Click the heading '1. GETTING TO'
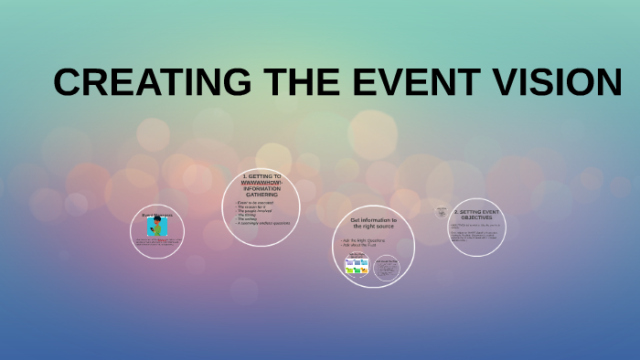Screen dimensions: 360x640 coord(261,175)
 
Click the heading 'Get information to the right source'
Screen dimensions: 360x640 coord(373,224)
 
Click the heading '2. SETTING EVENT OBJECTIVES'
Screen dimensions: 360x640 coord(478,216)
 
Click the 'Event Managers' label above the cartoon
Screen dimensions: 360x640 coord(156,216)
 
